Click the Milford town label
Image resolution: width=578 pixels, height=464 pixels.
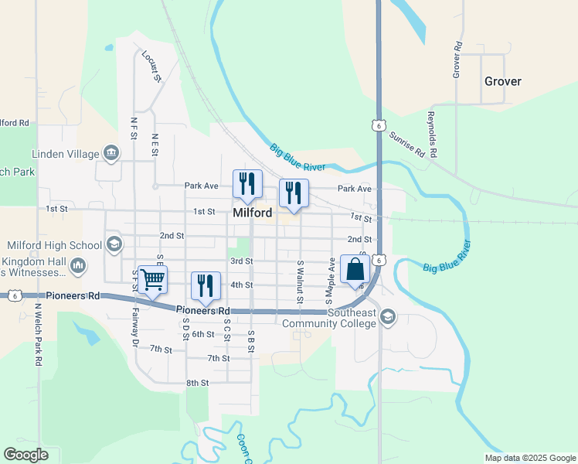tap(252, 213)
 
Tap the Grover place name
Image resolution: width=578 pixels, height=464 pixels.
tap(502, 81)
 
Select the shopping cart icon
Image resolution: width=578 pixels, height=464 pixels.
tap(153, 279)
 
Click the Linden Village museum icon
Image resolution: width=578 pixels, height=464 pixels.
tap(111, 153)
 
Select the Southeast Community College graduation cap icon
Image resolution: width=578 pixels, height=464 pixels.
tap(387, 317)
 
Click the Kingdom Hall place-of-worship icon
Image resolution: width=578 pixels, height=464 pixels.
tap(77, 267)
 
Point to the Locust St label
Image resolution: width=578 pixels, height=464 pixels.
tap(151, 67)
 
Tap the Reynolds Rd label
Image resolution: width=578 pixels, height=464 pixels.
tap(432, 135)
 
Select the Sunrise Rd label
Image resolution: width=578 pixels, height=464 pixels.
tap(407, 144)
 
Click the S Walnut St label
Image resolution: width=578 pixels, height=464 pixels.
tap(300, 282)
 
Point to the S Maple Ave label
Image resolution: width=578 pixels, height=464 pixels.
tap(329, 279)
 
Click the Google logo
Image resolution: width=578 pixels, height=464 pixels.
tap(26, 455)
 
